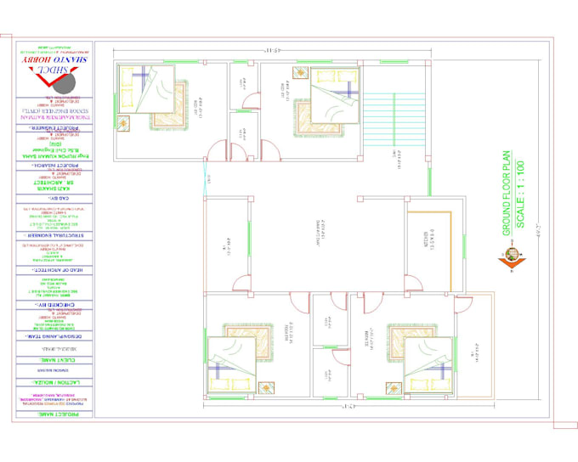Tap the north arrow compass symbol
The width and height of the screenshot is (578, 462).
click(513, 255)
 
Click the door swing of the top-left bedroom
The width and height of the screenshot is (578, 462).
click(216, 152)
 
